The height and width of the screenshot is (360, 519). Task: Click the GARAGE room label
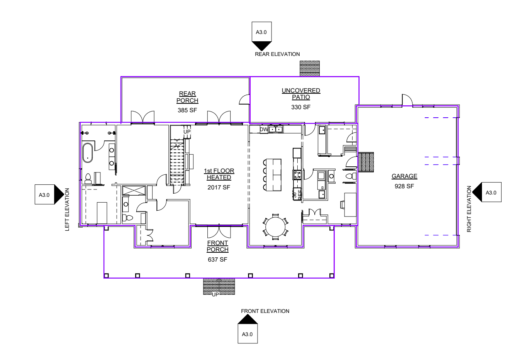[x=404, y=176]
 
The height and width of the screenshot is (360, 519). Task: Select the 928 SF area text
[x=404, y=186]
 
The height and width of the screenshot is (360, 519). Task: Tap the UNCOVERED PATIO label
[x=301, y=94]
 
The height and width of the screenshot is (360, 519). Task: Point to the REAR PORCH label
[x=187, y=97]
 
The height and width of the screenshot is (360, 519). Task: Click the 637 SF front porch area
[x=217, y=260]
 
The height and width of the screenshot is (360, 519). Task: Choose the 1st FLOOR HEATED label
[x=219, y=174]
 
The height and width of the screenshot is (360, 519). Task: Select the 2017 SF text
[x=219, y=188]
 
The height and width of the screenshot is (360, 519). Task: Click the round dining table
[x=275, y=226]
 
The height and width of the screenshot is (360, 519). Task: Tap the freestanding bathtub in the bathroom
[x=88, y=153]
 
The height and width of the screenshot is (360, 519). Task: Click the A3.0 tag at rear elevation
[x=261, y=32]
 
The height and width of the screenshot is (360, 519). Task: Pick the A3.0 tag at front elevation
[x=247, y=334]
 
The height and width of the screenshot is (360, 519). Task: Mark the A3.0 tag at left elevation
[x=44, y=195]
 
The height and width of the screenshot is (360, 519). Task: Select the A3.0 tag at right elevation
[x=491, y=192]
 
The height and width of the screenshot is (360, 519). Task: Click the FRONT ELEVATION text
[x=265, y=311]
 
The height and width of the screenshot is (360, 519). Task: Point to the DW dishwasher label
[x=264, y=130]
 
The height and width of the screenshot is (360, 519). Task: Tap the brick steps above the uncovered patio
[x=310, y=68]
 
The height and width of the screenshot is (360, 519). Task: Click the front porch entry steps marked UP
[x=219, y=287]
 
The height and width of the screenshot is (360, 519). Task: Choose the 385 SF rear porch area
[x=187, y=110]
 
